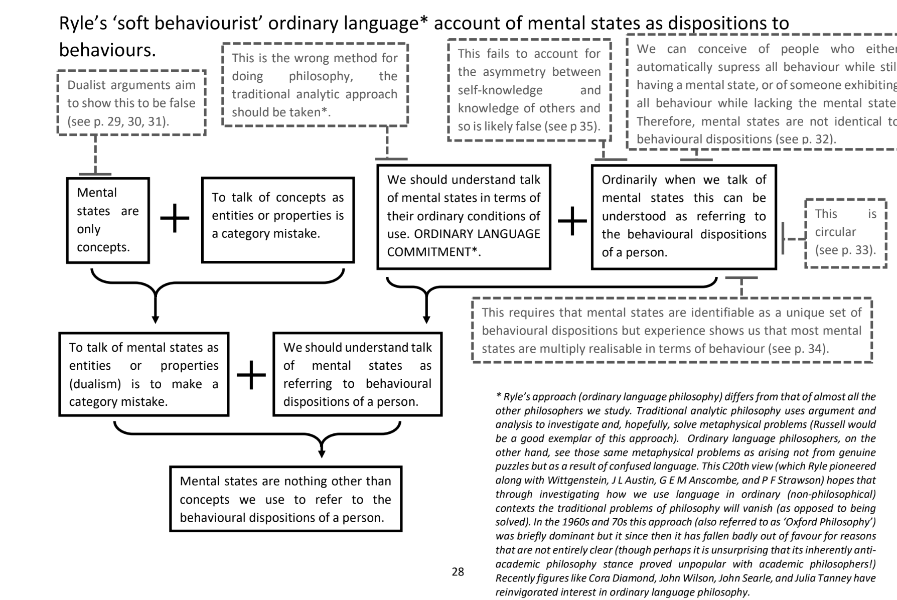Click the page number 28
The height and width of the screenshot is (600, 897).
point(458,572)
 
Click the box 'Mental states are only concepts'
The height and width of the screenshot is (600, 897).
point(108,220)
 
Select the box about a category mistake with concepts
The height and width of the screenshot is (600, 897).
point(277,220)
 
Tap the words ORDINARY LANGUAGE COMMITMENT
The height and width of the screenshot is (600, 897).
point(463,243)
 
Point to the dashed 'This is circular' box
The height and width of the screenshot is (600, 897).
point(845,232)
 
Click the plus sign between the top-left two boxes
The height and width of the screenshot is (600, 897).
point(175,218)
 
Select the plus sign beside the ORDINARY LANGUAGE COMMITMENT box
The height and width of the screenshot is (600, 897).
point(572,221)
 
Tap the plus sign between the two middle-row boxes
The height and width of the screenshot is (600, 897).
point(251,375)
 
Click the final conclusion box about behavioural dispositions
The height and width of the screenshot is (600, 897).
point(285,499)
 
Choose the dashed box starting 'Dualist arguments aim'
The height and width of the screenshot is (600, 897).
point(131,103)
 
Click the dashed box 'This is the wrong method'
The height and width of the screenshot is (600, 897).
point(315,85)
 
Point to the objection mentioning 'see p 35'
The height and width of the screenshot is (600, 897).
point(529,90)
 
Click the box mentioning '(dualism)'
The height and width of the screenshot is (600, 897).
point(143,374)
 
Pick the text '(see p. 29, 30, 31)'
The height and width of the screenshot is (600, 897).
point(118,121)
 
